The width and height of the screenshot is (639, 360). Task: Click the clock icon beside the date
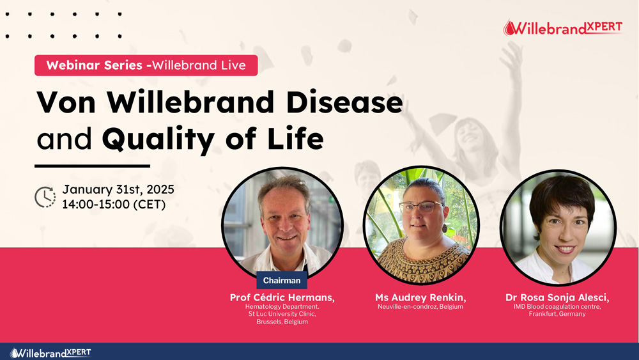pyautogui.click(x=45, y=198)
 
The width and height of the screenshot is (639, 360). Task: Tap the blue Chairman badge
pyautogui.click(x=282, y=280)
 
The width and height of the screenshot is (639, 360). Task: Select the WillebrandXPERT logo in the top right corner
pyautogui.click(x=563, y=27)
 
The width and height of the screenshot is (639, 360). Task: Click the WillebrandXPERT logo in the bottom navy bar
pyautogui.click(x=50, y=353)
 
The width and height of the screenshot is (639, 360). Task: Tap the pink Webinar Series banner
pyautogui.click(x=146, y=65)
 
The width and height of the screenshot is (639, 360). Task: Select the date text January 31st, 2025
pyautogui.click(x=118, y=189)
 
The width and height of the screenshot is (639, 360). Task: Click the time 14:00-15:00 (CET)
pyautogui.click(x=114, y=204)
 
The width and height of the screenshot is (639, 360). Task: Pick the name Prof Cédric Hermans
pyautogui.click(x=282, y=297)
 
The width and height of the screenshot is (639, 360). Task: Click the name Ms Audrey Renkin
pyautogui.click(x=420, y=297)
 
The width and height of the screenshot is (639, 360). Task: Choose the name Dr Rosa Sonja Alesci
pyautogui.click(x=557, y=297)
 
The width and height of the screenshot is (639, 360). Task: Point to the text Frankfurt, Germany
pyautogui.click(x=557, y=314)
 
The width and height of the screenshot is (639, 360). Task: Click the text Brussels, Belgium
pyautogui.click(x=282, y=322)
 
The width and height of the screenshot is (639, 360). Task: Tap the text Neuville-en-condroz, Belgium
pyautogui.click(x=420, y=306)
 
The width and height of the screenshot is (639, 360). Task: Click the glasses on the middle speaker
pyautogui.click(x=421, y=207)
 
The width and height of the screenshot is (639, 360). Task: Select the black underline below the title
pyautogui.click(x=93, y=166)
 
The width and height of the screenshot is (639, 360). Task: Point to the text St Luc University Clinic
pyautogui.click(x=282, y=314)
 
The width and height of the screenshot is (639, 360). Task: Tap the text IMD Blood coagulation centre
pyautogui.click(x=557, y=306)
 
